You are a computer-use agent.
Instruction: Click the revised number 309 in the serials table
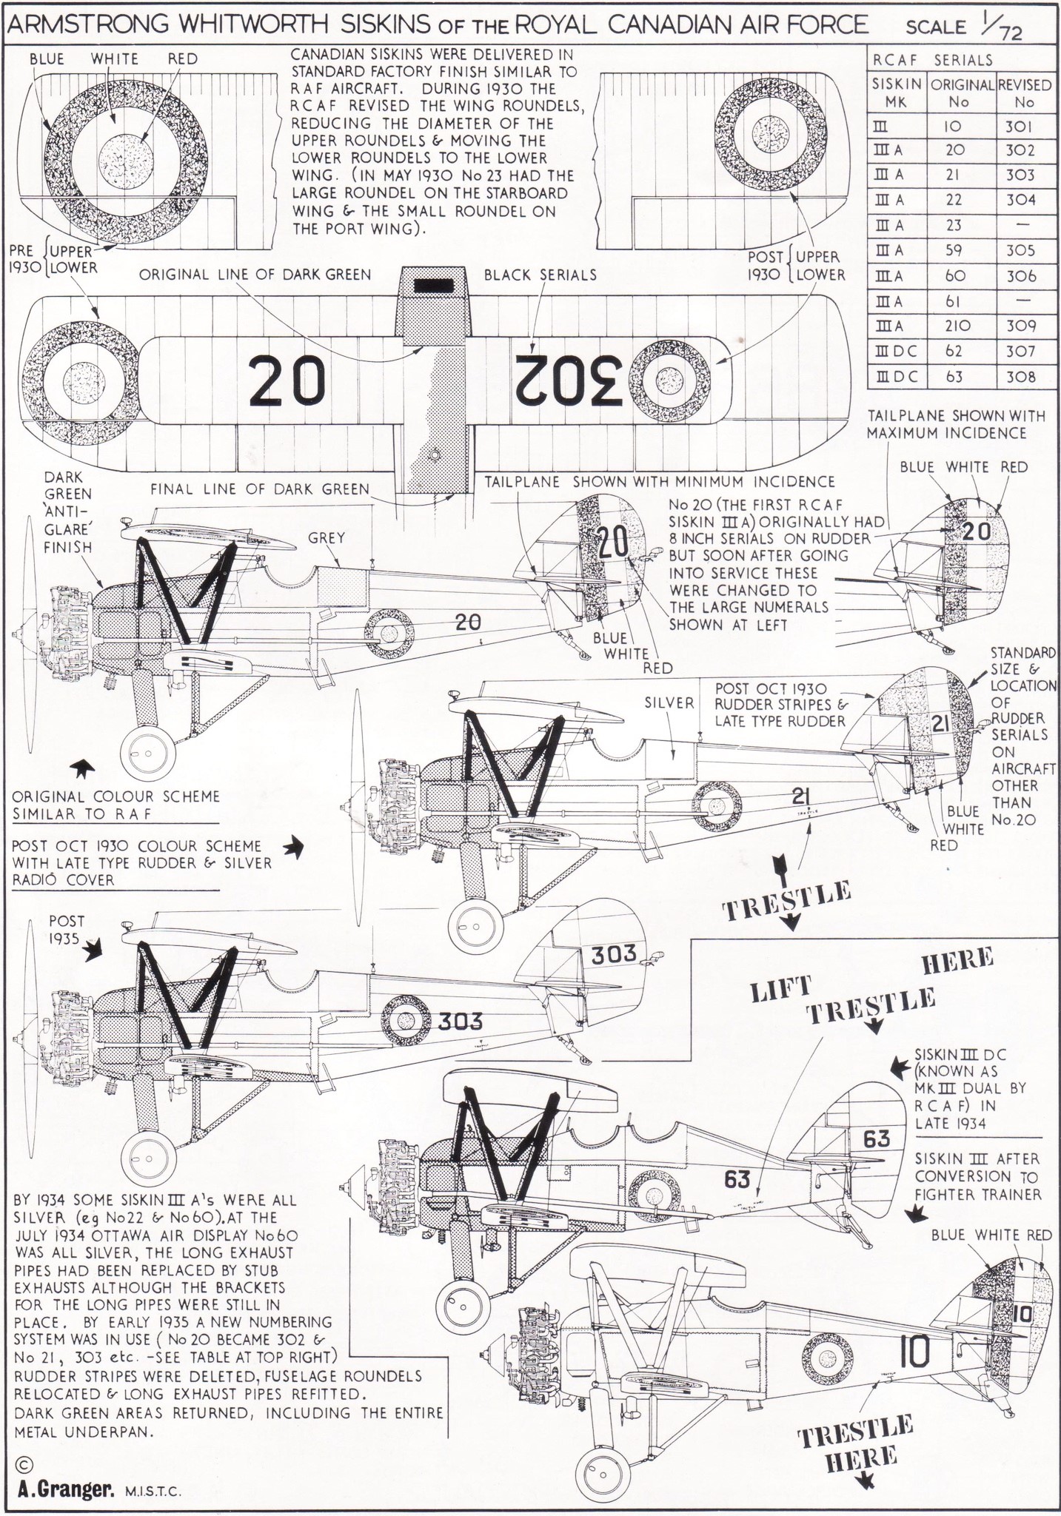tap(1020, 326)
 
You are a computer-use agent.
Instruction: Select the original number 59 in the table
tap(954, 250)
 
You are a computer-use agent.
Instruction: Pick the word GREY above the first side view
tap(327, 538)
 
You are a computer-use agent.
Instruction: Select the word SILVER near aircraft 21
tap(669, 702)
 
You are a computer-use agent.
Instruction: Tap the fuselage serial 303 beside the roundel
tap(461, 1022)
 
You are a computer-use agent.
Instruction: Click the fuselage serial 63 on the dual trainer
tap(737, 1178)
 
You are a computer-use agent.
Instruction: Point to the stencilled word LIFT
tap(782, 989)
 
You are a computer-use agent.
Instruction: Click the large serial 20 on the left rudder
tap(612, 545)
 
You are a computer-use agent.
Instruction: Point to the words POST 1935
tap(67, 930)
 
